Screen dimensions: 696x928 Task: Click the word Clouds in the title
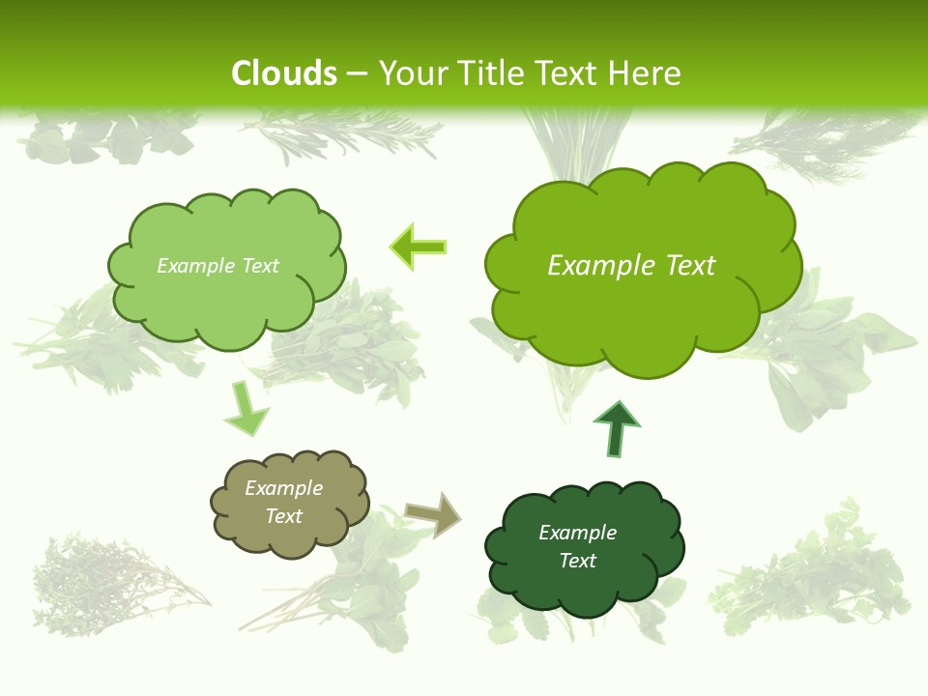(284, 73)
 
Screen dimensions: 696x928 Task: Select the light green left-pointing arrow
(418, 247)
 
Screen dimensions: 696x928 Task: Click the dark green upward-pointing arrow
(616, 428)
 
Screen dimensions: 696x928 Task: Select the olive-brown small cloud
(289, 504)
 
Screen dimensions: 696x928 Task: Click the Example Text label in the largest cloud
(631, 266)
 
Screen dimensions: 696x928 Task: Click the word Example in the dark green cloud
(577, 533)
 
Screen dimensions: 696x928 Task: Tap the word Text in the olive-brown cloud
(284, 516)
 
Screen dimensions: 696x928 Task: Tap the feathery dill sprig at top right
(822, 140)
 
